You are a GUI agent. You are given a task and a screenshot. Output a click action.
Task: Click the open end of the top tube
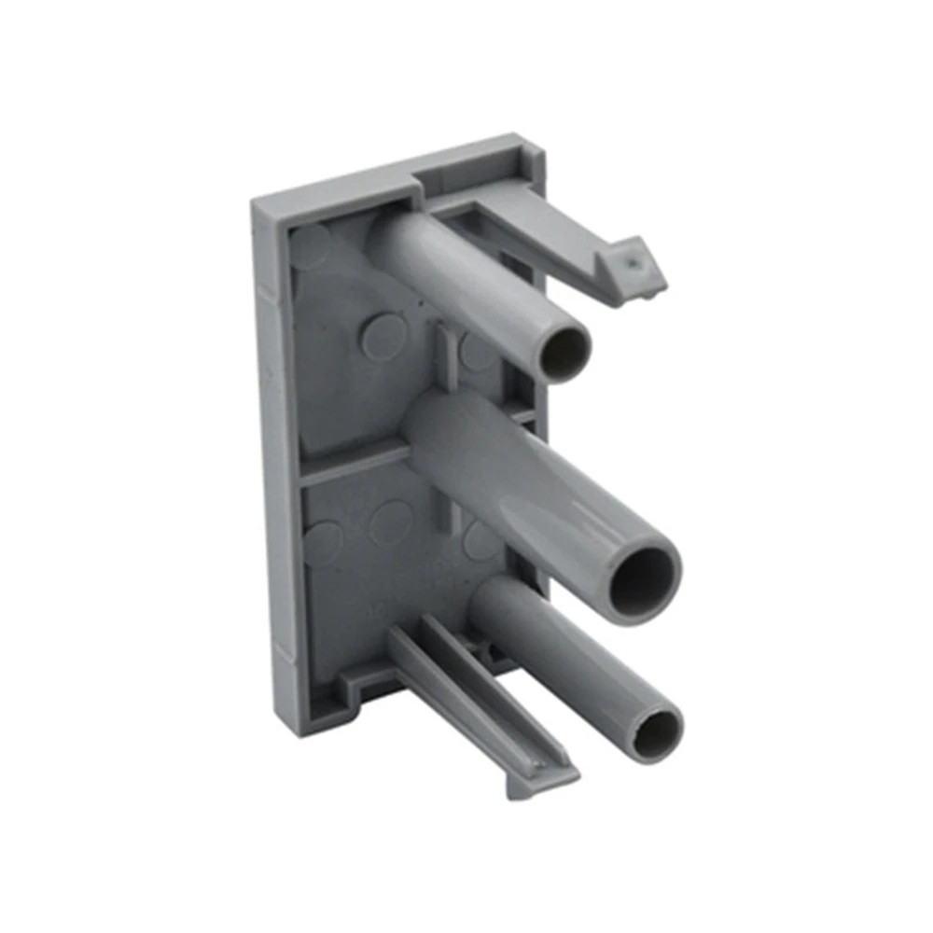pyautogui.click(x=564, y=351)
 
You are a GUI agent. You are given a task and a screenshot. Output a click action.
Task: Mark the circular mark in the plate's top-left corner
pyautogui.click(x=310, y=244)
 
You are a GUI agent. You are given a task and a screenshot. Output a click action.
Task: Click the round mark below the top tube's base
pyautogui.click(x=383, y=336)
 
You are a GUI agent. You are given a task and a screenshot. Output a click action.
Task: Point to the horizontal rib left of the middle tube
pyautogui.click(x=355, y=462)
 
